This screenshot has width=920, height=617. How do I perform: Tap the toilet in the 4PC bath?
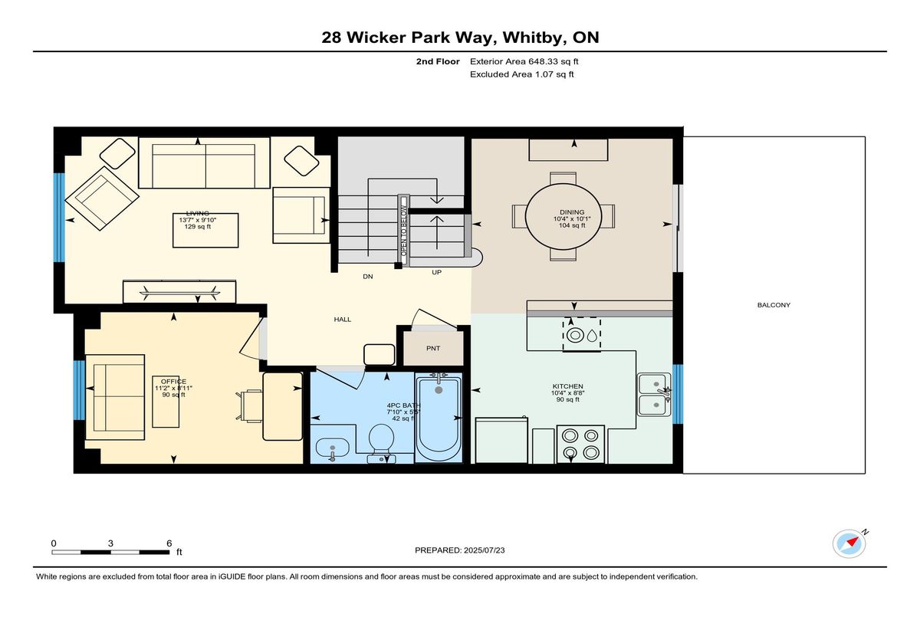coord(382,442)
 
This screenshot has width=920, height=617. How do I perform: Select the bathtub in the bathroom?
coord(439,418)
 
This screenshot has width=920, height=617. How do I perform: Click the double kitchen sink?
coord(654,394)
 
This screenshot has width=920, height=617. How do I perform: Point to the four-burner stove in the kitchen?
coord(580,445)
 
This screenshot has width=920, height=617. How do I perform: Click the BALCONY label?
coord(774,305)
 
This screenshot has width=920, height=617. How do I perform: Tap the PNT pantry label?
coord(433,348)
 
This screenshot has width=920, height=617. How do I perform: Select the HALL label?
coord(343,320)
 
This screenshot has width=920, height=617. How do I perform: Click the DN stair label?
coord(368,277)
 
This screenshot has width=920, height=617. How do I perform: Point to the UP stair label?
coord(436,272)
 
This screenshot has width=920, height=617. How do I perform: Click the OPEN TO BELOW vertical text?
coord(404,231)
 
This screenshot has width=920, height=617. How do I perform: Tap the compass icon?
coord(849,544)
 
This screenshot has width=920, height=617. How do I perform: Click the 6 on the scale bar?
coord(169,543)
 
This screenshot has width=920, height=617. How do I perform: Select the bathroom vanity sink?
coord(332,448)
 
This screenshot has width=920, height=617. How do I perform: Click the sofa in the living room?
coord(204,163)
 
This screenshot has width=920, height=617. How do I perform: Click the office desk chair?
coord(249,406)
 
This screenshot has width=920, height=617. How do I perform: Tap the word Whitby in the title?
coord(532,38)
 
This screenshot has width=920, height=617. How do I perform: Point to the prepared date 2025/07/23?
coord(485,550)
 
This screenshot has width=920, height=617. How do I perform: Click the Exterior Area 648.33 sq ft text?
coord(524,61)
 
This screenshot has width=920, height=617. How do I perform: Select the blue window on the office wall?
coord(79,390)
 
